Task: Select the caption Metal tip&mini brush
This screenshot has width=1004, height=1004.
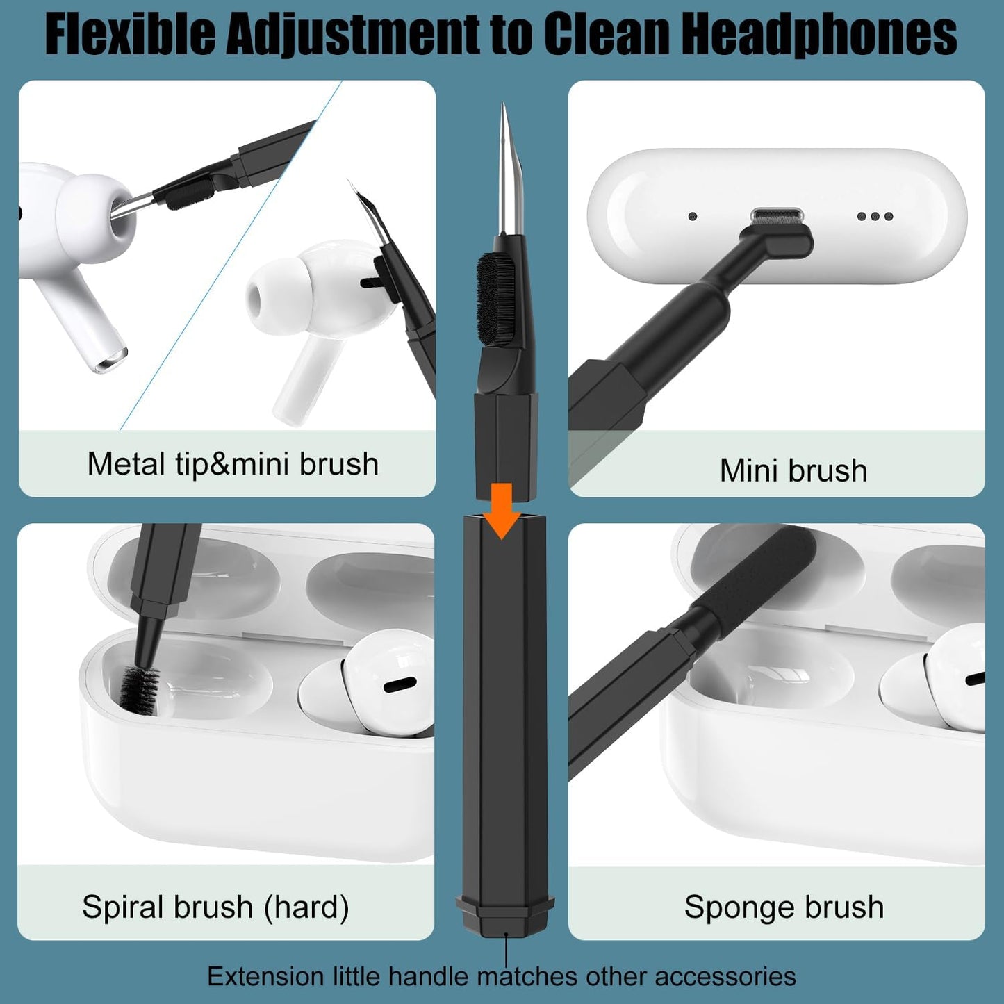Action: pyautogui.click(x=233, y=463)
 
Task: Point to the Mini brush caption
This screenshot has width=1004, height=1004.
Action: pyautogui.click(x=793, y=470)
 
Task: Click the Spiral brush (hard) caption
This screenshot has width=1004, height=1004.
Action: pyautogui.click(x=215, y=907)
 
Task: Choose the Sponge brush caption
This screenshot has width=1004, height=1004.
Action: pyautogui.click(x=784, y=907)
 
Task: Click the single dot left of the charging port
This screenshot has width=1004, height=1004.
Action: pyautogui.click(x=692, y=216)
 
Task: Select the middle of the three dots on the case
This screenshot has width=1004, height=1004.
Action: pyautogui.click(x=875, y=216)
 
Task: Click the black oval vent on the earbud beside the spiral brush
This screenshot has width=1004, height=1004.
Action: pyautogui.click(x=400, y=685)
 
